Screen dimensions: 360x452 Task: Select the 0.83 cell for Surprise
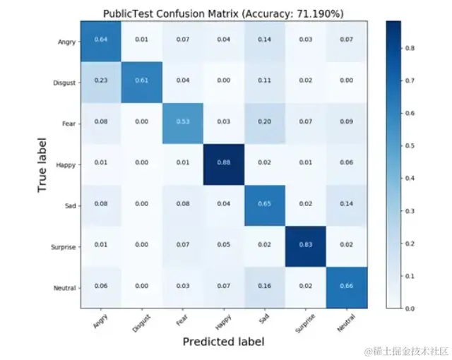tap(306, 246)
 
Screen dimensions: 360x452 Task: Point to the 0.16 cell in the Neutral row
tap(265, 287)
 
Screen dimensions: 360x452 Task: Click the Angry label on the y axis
tap(66, 42)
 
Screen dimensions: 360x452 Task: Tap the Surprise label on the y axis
tap(63, 247)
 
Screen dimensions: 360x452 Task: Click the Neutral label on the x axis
tap(347, 321)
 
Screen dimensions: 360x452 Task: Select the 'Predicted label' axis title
tap(223, 342)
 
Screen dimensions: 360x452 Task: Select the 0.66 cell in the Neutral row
tap(347, 287)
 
